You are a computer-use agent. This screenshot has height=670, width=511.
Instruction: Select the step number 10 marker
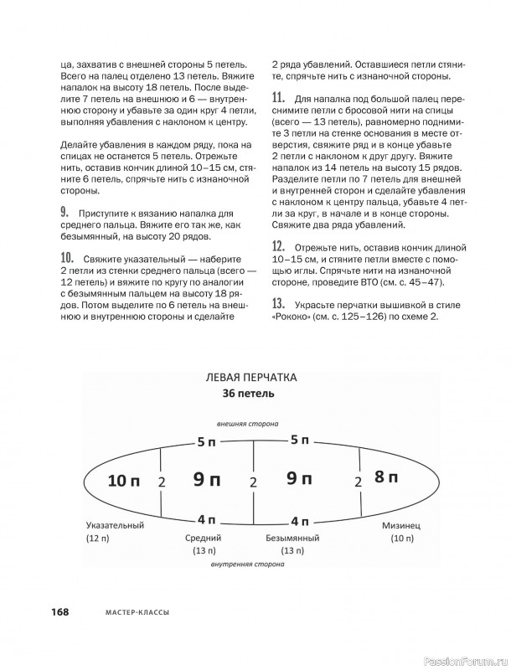click(67, 258)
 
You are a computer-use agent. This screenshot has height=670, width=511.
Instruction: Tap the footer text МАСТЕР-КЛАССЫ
click(134, 612)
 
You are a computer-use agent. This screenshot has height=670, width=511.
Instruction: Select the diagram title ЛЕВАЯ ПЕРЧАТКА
click(250, 378)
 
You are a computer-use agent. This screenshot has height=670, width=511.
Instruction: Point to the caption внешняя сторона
click(247, 424)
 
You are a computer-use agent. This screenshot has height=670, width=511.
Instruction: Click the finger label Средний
click(202, 538)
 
